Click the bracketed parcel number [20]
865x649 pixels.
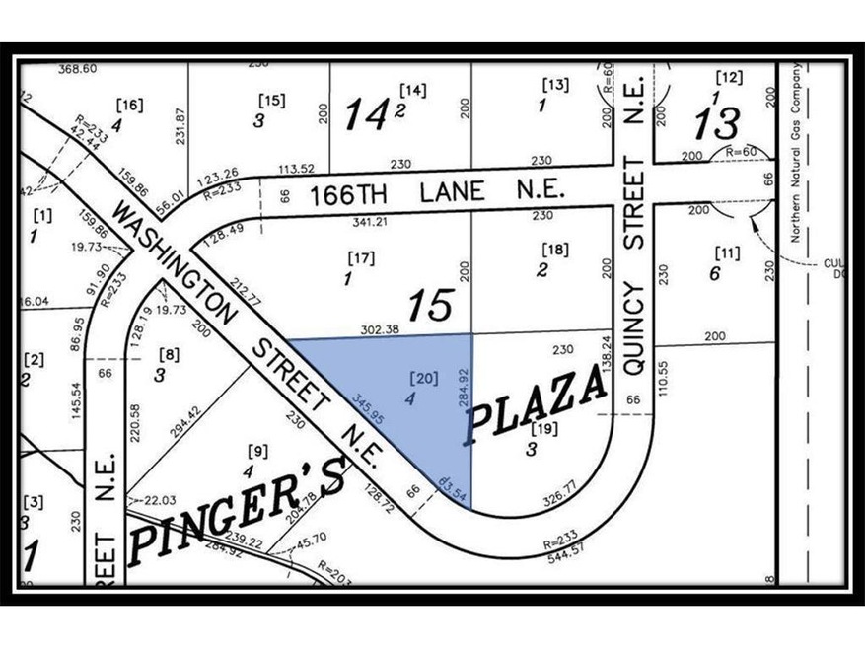point(417,377)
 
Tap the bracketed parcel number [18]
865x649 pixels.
point(554,251)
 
